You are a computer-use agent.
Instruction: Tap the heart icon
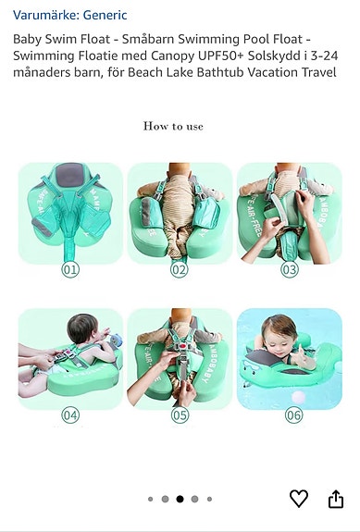(298, 499)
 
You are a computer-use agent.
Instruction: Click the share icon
(335, 499)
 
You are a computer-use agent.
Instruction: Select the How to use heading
(173, 126)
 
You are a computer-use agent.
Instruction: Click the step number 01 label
(70, 270)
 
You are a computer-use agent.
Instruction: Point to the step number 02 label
(179, 270)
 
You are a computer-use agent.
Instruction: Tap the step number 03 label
(290, 270)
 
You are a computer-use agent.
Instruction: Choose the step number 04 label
(70, 415)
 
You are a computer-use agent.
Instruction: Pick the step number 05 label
(179, 415)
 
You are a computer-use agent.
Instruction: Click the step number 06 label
(293, 415)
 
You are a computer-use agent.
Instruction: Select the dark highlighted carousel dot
(180, 499)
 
